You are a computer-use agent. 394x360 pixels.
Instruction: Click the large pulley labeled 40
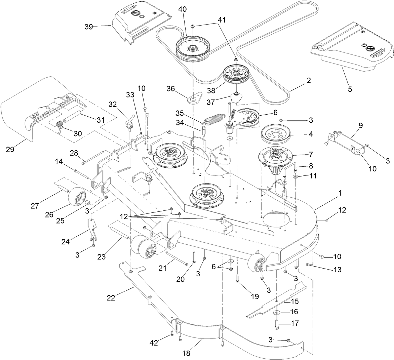pos(191,49)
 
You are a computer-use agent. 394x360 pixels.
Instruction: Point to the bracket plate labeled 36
pos(194,100)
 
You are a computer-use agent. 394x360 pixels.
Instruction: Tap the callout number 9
pos(360,125)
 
